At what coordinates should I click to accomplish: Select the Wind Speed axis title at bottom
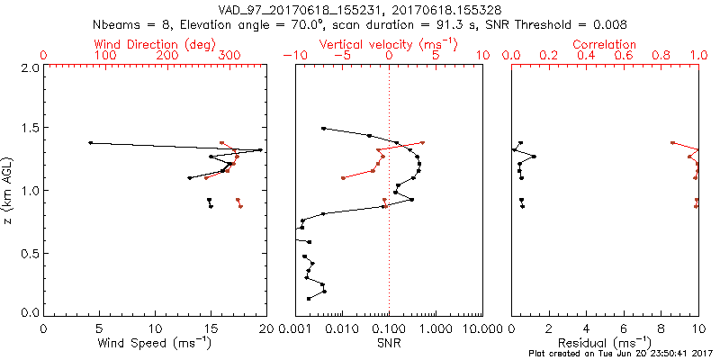pyautogui.click(x=156, y=344)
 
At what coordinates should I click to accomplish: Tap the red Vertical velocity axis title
pyautogui.click(x=388, y=44)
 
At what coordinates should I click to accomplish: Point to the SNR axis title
pyautogui.click(x=389, y=344)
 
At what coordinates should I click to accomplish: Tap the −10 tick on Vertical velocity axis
pyautogui.click(x=298, y=56)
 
